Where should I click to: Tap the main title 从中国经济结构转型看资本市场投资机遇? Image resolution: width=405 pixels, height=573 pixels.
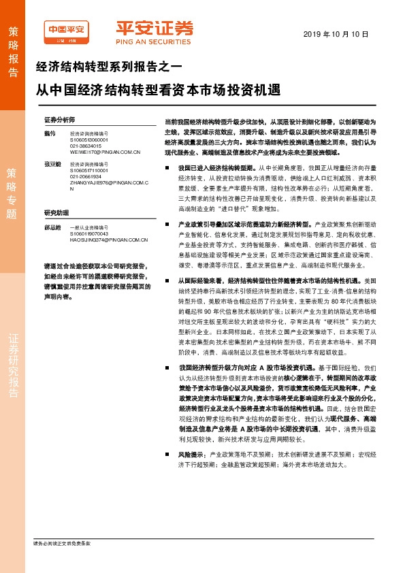point(157,89)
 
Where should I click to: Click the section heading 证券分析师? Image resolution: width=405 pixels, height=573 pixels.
point(59,118)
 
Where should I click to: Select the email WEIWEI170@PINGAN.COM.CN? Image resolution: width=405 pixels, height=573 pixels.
point(104,152)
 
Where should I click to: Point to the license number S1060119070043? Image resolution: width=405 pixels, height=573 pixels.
point(89,251)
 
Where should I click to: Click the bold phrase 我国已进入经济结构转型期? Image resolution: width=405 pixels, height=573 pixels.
point(212,167)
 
